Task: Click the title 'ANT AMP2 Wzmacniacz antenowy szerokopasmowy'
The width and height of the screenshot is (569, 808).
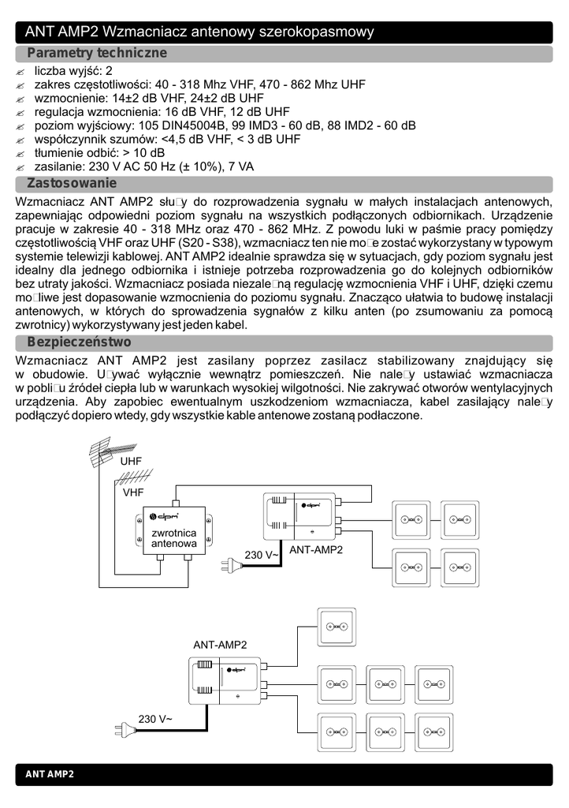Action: (x=199, y=32)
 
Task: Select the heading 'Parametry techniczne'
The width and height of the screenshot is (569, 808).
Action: (x=97, y=53)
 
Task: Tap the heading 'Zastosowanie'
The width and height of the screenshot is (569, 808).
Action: (x=72, y=183)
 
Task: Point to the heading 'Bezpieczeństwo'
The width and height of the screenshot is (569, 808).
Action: (x=79, y=342)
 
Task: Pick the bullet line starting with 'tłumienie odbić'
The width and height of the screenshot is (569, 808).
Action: (x=99, y=152)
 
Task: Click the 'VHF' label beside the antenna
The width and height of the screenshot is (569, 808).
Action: (x=133, y=492)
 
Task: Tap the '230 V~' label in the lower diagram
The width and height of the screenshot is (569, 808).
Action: (x=155, y=719)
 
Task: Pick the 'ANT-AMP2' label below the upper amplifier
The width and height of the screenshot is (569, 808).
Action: (x=316, y=549)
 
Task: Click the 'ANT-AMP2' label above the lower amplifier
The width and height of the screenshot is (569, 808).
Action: (x=220, y=645)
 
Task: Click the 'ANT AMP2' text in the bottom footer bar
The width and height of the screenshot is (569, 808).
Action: (x=50, y=775)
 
